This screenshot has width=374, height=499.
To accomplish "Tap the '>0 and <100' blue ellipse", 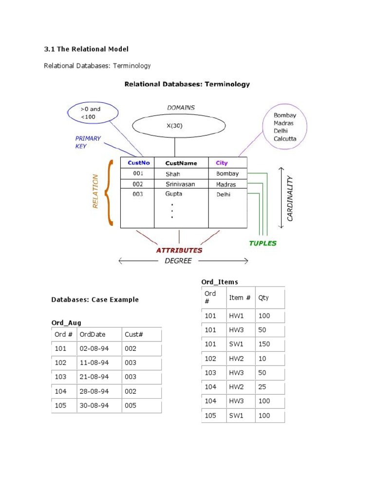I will pyautogui.click(x=92, y=113).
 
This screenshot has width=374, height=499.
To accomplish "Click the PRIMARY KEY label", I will pyautogui.click(x=88, y=142).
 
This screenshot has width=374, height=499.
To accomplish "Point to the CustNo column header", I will pyautogui.click(x=138, y=163).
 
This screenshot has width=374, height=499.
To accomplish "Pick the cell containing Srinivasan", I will pyautogui.click(x=180, y=185).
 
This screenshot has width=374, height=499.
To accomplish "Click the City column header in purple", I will pyautogui.click(x=222, y=163).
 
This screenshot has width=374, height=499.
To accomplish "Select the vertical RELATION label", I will pyautogui.click(x=95, y=192).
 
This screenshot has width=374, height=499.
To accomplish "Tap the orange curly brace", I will pyautogui.click(x=111, y=192).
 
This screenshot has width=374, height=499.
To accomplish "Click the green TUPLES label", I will pyautogui.click(x=262, y=243).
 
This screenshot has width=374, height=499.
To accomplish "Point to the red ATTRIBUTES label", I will pyautogui.click(x=179, y=250).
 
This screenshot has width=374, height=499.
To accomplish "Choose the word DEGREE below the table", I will pyautogui.click(x=178, y=261).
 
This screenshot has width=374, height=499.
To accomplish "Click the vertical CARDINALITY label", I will pyautogui.click(x=290, y=198).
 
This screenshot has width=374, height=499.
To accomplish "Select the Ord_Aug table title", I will pyautogui.click(x=66, y=323).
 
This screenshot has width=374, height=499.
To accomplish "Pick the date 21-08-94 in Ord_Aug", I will pyautogui.click(x=94, y=377).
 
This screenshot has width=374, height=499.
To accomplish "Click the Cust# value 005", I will pyautogui.click(x=131, y=405).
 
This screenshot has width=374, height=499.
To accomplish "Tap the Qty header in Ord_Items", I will pyautogui.click(x=263, y=298).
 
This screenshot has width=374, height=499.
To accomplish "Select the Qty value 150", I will pyautogui.click(x=264, y=344).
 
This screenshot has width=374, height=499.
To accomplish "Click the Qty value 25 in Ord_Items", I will pyautogui.click(x=262, y=386).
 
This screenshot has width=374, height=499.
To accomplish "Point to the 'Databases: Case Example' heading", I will pyautogui.click(x=95, y=300).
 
